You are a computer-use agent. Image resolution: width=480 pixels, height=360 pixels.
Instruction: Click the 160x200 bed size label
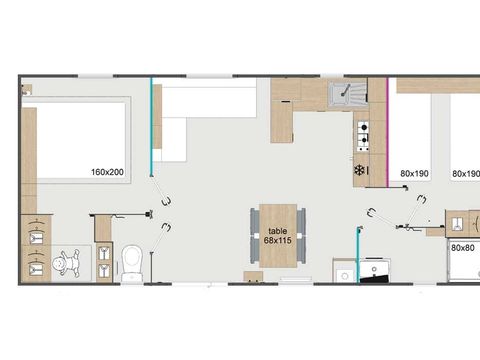(107, 172)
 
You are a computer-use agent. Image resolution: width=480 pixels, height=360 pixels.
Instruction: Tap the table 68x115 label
(278, 236)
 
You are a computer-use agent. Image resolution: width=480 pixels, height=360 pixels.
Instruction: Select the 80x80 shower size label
(463, 248)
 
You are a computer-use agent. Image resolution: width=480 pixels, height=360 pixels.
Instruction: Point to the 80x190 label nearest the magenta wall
(414, 174)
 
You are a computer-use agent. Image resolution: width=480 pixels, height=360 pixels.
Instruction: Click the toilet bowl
(132, 263)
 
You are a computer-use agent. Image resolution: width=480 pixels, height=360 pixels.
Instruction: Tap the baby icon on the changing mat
(66, 263)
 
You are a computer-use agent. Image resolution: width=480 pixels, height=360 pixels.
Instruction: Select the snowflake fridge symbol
(359, 171)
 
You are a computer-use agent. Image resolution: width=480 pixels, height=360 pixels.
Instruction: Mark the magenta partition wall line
(387, 132)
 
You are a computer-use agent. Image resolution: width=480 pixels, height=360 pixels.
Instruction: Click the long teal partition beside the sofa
(151, 127)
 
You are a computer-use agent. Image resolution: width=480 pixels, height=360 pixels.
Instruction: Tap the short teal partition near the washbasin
(358, 255)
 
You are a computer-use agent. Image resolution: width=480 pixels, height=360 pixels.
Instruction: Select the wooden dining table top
(278, 236)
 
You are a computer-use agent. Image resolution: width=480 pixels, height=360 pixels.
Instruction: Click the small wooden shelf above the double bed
(27, 89)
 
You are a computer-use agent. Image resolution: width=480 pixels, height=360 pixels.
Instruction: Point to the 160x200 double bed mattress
(81, 140)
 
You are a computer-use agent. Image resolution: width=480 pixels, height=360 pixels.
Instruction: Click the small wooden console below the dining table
(253, 276)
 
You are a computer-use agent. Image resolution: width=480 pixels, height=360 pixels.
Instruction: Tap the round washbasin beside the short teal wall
(345, 276)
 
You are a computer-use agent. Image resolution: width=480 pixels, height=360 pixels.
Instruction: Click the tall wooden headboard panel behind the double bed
(29, 160)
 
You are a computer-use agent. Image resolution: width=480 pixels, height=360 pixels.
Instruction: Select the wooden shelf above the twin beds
(438, 86)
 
